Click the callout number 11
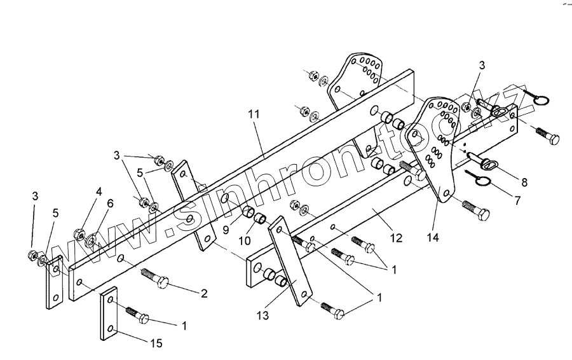[x=254, y=114]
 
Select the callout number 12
[x=396, y=238]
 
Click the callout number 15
[x=156, y=343]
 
